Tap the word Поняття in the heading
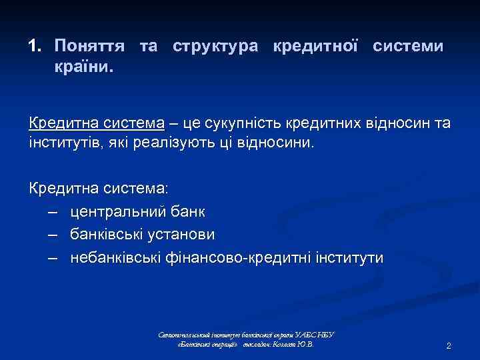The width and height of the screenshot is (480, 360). (92, 47)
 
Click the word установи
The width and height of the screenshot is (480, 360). (184, 235)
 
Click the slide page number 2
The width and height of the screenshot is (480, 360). (449, 346)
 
